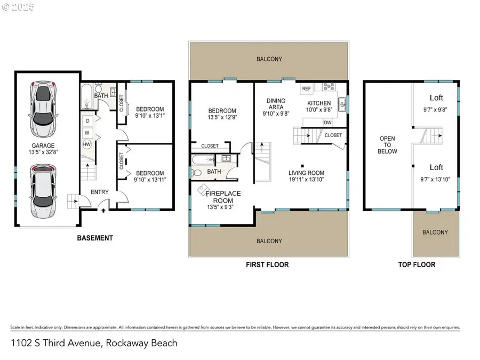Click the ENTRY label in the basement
point(100,192)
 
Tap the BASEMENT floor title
point(95,238)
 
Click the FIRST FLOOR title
point(267,265)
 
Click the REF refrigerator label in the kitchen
point(307,89)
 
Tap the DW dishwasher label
point(327,122)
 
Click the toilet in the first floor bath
point(197,172)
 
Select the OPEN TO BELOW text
point(387,145)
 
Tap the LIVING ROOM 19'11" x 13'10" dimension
point(306,180)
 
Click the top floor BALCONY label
point(435,232)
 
